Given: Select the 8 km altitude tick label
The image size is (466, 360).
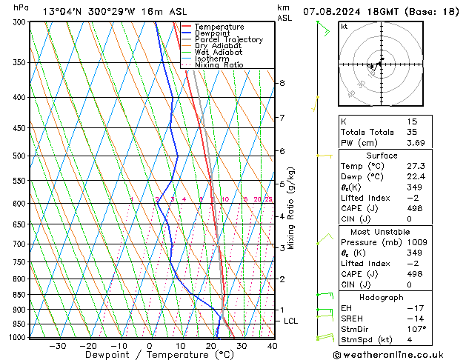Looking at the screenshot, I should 282,83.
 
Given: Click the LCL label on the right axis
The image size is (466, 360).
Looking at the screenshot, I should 291,321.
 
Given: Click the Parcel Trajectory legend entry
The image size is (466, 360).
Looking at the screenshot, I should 228,40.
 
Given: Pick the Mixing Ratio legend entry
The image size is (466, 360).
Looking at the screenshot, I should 219,65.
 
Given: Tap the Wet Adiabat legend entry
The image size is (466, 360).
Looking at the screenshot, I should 218,53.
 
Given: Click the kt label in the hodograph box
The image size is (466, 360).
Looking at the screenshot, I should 344,27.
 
